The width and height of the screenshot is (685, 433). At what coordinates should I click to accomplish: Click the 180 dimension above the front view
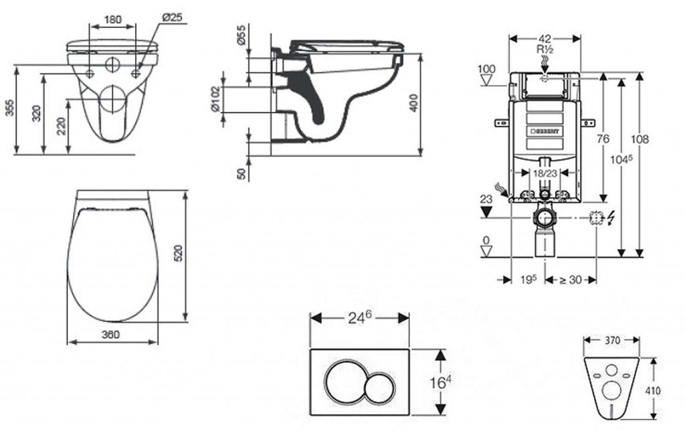point(113,20)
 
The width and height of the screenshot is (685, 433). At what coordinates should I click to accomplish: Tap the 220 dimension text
point(61,124)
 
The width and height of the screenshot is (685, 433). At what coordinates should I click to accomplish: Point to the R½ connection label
point(545,50)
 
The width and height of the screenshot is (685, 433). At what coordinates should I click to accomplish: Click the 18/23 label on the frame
point(545,173)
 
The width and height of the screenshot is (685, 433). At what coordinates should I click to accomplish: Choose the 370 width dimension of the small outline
point(612,341)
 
